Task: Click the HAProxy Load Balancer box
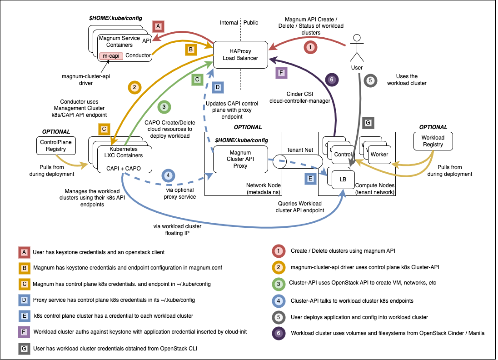coord(240,55)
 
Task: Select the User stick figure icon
coord(357,48)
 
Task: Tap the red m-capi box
coord(111,55)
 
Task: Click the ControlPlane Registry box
coord(56,146)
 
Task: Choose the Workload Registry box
coord(433,141)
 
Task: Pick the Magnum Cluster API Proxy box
coord(240,159)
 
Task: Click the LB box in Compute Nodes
coord(343,180)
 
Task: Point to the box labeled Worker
coord(379,155)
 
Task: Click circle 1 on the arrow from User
coord(310,47)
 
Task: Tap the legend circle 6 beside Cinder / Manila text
coord(279,333)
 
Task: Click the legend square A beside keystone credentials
coord(24,251)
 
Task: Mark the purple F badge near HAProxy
coord(282,73)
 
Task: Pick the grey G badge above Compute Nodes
coord(368,123)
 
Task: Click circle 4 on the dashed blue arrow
coord(168,175)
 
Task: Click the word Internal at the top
coord(229,23)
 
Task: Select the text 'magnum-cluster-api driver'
coord(85,80)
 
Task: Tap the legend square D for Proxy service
coord(24,300)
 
